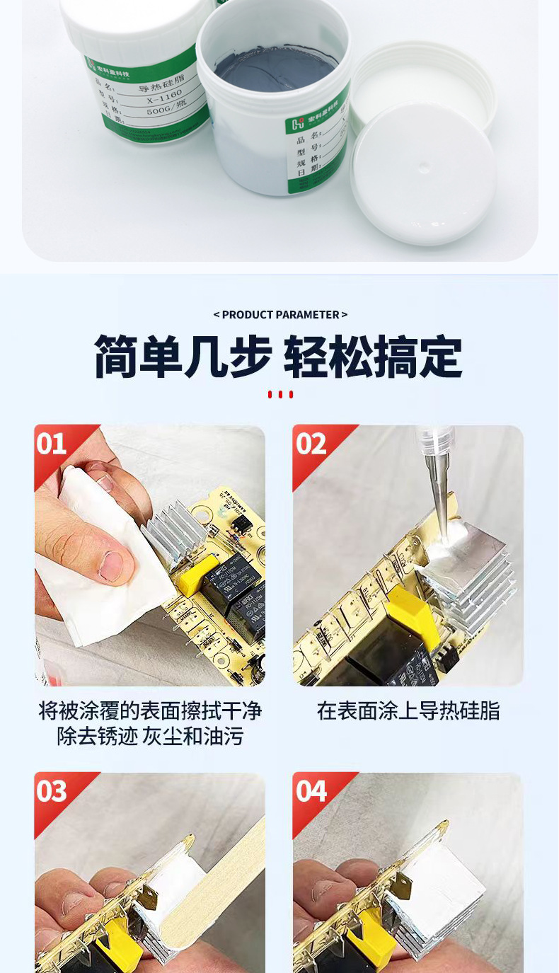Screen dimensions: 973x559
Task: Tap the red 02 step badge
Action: tap(311, 444)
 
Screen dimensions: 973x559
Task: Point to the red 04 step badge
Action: tap(311, 791)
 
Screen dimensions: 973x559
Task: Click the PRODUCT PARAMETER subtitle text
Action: tap(280, 314)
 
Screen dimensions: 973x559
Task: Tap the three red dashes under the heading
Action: tap(280, 394)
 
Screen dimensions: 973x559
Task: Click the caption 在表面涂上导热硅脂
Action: tap(408, 710)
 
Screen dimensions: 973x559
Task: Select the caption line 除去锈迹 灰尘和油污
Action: tap(150, 737)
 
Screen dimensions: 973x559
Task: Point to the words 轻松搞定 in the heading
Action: tap(373, 357)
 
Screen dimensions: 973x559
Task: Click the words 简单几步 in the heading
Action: tap(183, 357)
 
